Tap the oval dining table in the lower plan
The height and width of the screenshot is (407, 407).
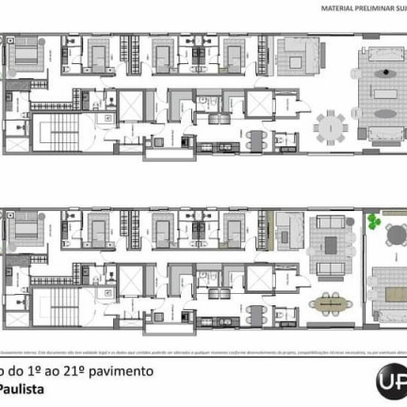tap(330, 302)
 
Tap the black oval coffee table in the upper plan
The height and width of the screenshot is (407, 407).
tap(383, 73)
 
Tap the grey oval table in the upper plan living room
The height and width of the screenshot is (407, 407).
tap(384, 97)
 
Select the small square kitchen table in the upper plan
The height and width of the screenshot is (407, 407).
tap(254, 140)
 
